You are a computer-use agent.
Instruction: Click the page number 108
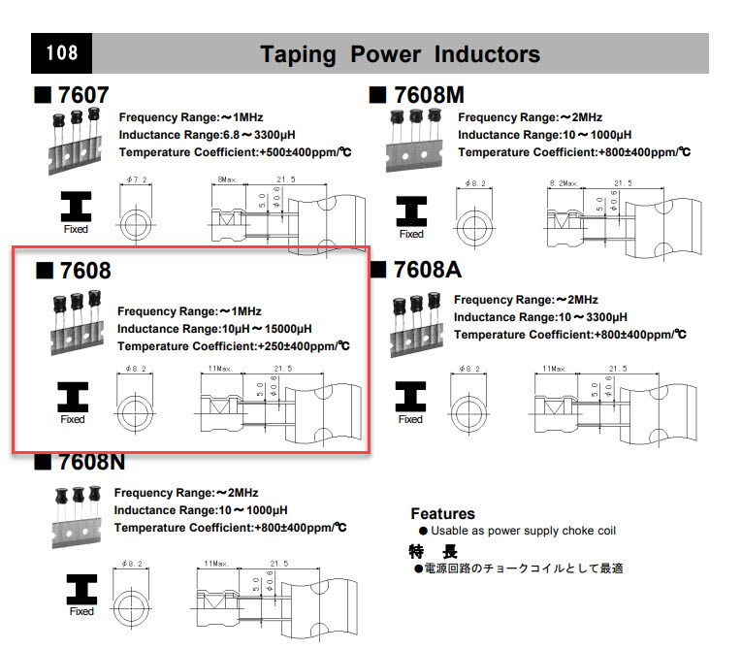(x=61, y=52)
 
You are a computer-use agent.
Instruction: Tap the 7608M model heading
(x=430, y=95)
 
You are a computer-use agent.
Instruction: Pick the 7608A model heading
(x=425, y=271)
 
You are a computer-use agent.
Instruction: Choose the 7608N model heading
(x=91, y=462)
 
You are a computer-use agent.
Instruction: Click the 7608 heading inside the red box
(x=84, y=271)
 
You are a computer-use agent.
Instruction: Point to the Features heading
(x=442, y=513)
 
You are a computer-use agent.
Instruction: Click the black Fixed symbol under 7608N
(x=81, y=589)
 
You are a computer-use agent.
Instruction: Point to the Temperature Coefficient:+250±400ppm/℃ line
(x=233, y=345)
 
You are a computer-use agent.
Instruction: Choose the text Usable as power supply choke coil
(x=523, y=531)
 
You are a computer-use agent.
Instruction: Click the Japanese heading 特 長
(x=434, y=551)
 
